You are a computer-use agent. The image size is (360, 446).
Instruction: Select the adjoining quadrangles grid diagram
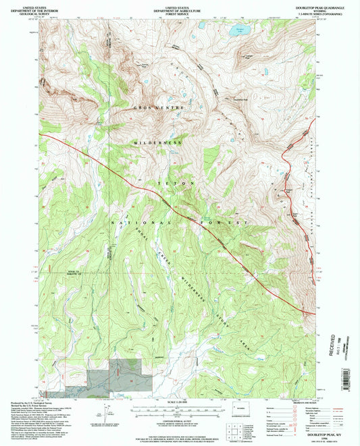tap(230, 433)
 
